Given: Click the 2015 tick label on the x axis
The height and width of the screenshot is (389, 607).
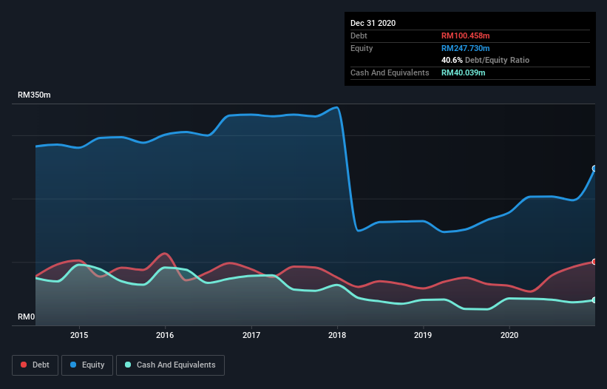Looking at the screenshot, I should pyautogui.click(x=79, y=335).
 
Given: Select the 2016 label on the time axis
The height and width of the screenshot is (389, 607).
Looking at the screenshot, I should pyautogui.click(x=165, y=335).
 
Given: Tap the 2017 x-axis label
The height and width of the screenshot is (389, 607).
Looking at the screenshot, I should pyautogui.click(x=251, y=335).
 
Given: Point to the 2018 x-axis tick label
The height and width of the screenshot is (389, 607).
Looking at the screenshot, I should pyautogui.click(x=338, y=335).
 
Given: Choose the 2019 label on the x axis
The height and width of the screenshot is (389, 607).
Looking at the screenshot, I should pyautogui.click(x=424, y=335).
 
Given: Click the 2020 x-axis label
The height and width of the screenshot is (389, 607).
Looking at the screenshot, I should pyautogui.click(x=509, y=335).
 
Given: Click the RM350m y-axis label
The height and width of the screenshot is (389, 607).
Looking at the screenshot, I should pyautogui.click(x=34, y=95).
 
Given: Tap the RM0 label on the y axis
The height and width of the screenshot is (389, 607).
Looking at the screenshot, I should pyautogui.click(x=27, y=317).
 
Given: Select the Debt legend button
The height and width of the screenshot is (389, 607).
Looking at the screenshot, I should pyautogui.click(x=35, y=365).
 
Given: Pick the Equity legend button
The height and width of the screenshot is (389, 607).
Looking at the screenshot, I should pyautogui.click(x=87, y=365).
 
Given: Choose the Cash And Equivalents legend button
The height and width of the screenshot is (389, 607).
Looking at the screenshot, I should pyautogui.click(x=170, y=365).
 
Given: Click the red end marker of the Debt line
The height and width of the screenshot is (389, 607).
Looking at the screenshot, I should pyautogui.click(x=594, y=262).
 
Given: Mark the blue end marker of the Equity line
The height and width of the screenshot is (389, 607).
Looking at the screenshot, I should pyautogui.click(x=594, y=169).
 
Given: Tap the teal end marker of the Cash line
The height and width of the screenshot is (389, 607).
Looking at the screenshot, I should pyautogui.click(x=594, y=300).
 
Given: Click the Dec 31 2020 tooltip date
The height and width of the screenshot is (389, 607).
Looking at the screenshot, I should pyautogui.click(x=373, y=23).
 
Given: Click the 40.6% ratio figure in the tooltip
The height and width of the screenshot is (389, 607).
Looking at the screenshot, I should pyautogui.click(x=452, y=60).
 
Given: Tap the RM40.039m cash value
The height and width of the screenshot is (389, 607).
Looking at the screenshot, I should pyautogui.click(x=464, y=72).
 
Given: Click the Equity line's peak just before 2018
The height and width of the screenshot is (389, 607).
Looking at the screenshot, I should pyautogui.click(x=337, y=107).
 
